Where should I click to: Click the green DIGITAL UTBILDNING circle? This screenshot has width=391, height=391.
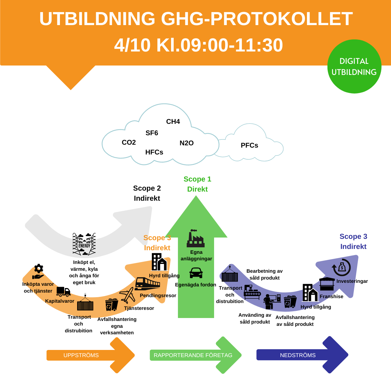[x=354, y=66]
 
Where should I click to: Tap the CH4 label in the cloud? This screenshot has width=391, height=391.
[x=173, y=122]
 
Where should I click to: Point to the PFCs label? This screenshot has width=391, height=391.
[x=249, y=145]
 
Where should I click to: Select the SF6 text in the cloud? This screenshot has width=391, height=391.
[x=152, y=133]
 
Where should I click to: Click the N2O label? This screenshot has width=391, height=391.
[x=187, y=143]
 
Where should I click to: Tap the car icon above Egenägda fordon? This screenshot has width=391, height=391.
[x=196, y=273]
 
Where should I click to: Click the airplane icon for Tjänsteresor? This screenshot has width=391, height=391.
[x=127, y=295]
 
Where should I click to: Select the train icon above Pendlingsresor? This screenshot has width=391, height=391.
[x=147, y=283]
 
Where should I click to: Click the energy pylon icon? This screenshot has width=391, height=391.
[x=84, y=244]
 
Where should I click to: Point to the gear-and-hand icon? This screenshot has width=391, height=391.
[x=38, y=272]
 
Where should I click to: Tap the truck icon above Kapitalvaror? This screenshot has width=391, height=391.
[x=63, y=292]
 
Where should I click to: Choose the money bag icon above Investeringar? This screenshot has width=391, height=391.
[x=341, y=268]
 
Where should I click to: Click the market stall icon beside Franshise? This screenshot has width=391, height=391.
[x=327, y=284]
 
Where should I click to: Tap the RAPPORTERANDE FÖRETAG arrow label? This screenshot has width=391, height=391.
[x=193, y=355]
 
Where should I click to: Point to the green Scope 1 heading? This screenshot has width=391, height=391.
[x=197, y=179]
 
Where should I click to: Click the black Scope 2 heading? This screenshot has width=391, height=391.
[x=147, y=188]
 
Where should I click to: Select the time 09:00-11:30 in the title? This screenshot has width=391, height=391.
[x=220, y=45]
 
